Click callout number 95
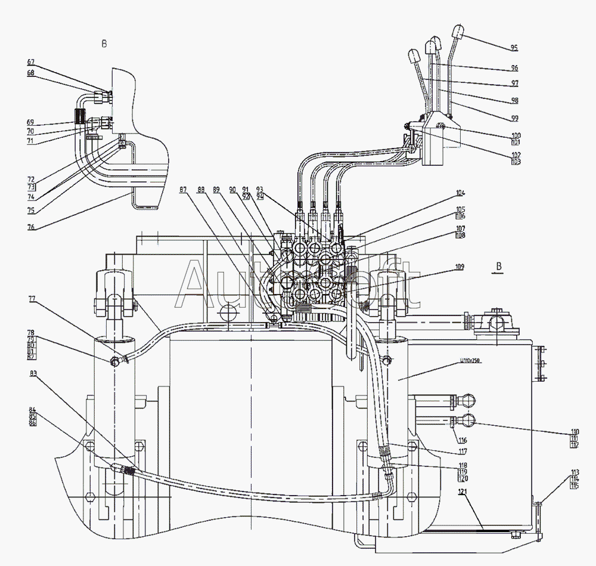pyautogui.click(x=514, y=48)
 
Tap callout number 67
pyautogui.click(x=31, y=62)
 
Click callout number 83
pyautogui.click(x=31, y=373)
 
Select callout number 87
pyautogui.click(x=183, y=190)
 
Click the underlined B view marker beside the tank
pyautogui.click(x=499, y=266)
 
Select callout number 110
pyautogui.click(x=558, y=432)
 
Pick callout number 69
pyautogui.click(x=31, y=123)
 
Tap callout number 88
pyautogui.click(x=201, y=190)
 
